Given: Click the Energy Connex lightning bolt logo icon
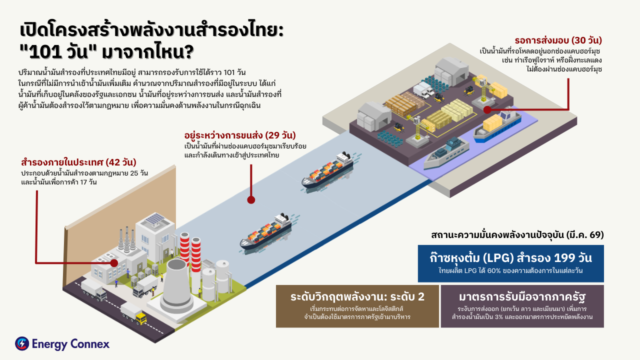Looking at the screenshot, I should click(22, 343).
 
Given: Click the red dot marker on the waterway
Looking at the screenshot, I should click(251, 199).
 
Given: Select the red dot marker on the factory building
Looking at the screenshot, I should click(114, 262).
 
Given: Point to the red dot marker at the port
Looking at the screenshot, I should click(486, 106).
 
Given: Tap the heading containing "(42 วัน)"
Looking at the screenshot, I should click(78, 162).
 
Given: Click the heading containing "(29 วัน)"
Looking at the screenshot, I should click(240, 135).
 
